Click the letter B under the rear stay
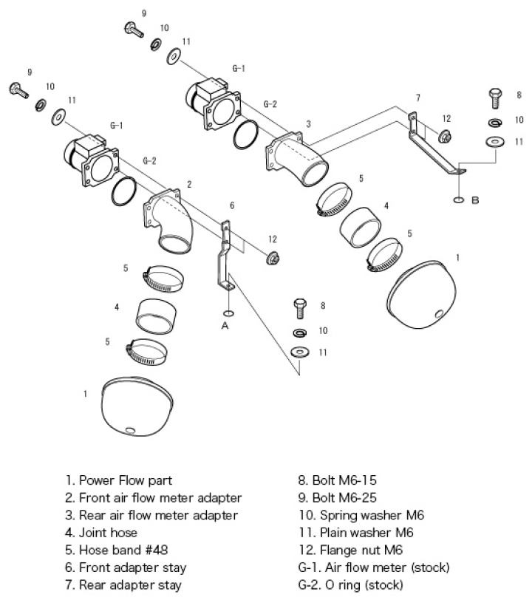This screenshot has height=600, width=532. click(x=475, y=200)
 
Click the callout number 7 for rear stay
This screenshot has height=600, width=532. click(x=418, y=97)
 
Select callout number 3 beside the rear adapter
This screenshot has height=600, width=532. click(x=307, y=123)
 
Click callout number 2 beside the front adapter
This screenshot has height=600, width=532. click(x=189, y=183)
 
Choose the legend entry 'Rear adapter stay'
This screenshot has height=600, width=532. click(x=123, y=585)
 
